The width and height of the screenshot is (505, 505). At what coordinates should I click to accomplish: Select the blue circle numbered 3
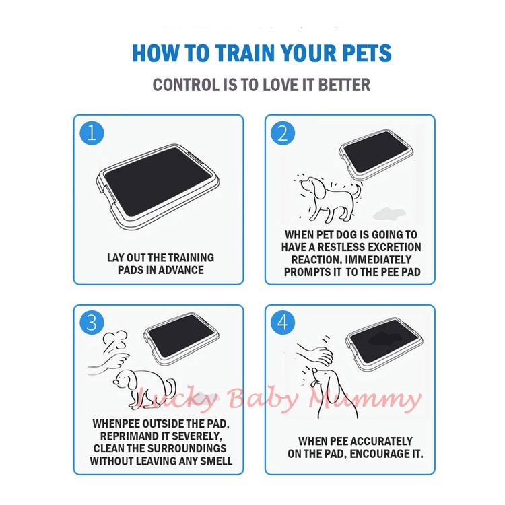tap(92, 323)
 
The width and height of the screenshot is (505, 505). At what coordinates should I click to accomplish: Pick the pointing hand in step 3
tap(108, 364)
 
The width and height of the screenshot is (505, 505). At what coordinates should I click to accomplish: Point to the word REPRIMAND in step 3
tap(125, 436)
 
